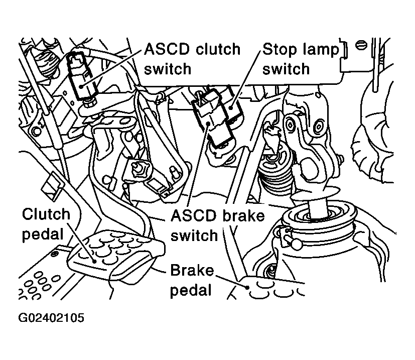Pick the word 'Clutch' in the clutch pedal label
point(46,214)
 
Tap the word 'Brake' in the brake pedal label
point(192,271)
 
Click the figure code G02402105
point(52,318)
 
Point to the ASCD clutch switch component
point(80,75)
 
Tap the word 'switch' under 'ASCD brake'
point(194,235)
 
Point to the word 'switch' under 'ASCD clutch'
point(168,68)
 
